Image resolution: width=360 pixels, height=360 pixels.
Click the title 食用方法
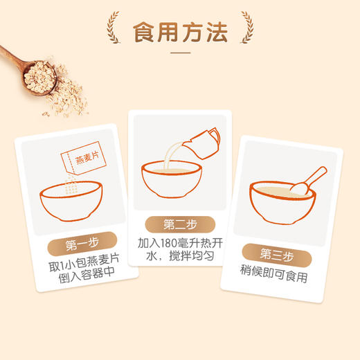click(179, 30)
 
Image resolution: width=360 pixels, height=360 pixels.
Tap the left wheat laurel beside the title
click(115, 28)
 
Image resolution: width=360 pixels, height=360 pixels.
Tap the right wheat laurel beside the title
click(244, 28)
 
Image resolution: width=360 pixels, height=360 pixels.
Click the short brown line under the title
click(179, 53)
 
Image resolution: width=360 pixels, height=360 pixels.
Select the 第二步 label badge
click(179, 225)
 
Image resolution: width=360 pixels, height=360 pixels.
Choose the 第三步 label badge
click(277, 253)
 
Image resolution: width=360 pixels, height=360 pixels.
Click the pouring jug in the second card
click(204, 141)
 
